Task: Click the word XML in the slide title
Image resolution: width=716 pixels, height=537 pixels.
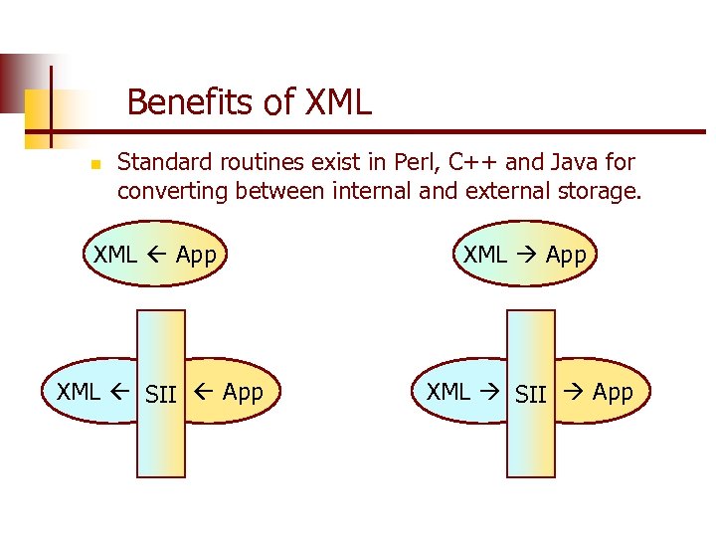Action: pos(338,101)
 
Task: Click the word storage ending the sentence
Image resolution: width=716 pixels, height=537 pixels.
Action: pos(596,191)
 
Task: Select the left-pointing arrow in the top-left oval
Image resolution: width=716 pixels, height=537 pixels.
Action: pos(157,255)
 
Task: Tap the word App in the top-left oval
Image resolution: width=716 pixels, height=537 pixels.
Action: pos(196,255)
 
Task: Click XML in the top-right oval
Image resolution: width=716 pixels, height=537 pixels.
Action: pos(485,255)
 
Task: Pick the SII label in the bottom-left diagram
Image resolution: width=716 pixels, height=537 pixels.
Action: pos(160,395)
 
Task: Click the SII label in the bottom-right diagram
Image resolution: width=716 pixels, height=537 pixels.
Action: pos(531,395)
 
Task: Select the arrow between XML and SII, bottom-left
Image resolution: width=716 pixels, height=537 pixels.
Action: pos(120,392)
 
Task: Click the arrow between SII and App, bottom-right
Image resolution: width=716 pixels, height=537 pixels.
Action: pos(571,392)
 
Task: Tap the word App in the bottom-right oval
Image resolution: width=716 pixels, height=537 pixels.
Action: pos(613,392)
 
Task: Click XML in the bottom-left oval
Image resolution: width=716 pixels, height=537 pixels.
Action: pos(79,392)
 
